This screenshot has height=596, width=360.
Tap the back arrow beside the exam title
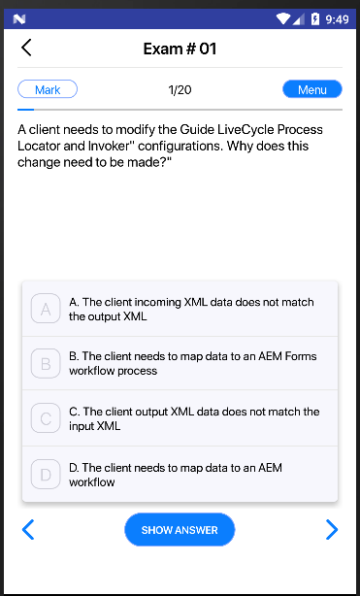click(x=26, y=48)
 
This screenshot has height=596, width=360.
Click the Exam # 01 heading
click(x=180, y=49)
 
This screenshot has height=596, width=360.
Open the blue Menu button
click(x=312, y=89)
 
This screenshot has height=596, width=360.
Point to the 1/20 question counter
click(x=180, y=89)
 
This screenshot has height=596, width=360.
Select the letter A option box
click(x=46, y=309)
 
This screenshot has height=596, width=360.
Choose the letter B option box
click(x=46, y=363)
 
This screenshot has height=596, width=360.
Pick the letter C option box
click(x=46, y=418)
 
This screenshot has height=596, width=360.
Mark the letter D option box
click(x=46, y=474)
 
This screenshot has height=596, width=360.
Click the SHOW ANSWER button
click(x=180, y=529)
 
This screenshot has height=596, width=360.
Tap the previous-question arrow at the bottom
click(x=28, y=529)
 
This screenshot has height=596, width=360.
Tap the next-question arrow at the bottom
click(x=332, y=529)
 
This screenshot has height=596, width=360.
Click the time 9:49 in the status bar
click(x=337, y=19)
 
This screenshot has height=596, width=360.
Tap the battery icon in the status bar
click(x=315, y=18)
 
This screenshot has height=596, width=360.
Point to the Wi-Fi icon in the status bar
click(x=283, y=18)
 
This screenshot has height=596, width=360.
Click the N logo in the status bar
click(x=19, y=18)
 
